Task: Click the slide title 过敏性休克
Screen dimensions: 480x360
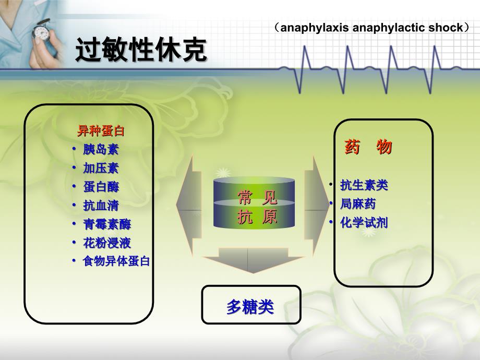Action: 141,50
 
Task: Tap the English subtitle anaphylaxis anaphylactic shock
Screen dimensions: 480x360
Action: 371,28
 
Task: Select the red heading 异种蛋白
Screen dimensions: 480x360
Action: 101,131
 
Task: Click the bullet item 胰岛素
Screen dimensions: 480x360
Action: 101,150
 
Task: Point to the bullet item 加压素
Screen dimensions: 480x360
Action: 101,169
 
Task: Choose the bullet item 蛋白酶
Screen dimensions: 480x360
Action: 101,187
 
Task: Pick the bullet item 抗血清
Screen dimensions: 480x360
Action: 101,206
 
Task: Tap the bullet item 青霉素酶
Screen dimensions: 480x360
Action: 107,224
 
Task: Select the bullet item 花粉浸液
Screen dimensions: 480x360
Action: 107,243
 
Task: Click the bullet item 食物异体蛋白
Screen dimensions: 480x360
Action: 116,261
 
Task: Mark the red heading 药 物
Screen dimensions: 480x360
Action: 368,147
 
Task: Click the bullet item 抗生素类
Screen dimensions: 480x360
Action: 364,185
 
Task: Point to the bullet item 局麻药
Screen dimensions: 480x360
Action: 358,204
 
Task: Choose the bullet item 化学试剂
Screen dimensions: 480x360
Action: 364,223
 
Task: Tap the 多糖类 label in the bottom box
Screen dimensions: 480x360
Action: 250,307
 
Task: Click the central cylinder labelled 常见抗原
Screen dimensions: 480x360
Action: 254,202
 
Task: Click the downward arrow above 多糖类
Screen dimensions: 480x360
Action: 253,260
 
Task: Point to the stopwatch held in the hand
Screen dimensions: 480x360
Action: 41,31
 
